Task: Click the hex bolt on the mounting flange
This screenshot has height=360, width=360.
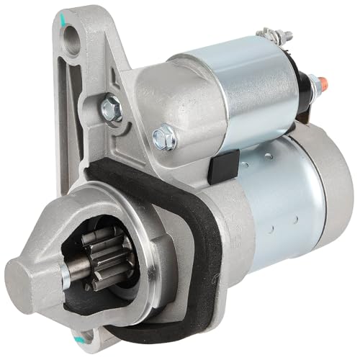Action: click(112, 108)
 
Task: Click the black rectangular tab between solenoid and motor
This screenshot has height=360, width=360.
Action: click(219, 166)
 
